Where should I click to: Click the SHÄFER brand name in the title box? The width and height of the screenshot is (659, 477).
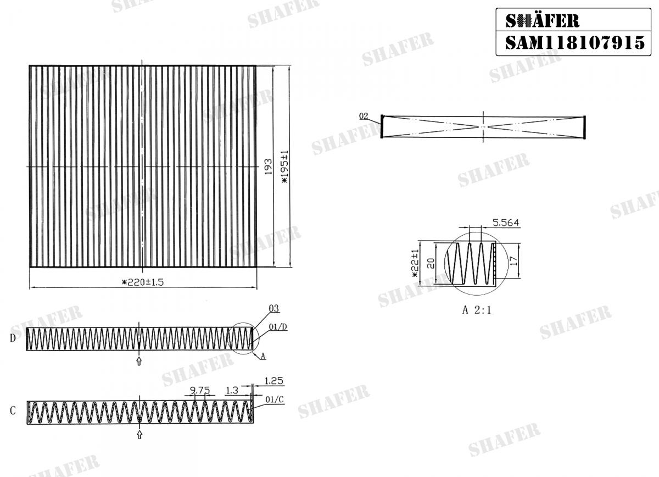click(x=543, y=21)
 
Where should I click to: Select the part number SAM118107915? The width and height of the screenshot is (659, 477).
click(x=575, y=43)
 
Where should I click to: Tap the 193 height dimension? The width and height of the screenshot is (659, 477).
click(x=268, y=167)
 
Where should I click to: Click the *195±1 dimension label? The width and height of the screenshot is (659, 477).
click(x=284, y=167)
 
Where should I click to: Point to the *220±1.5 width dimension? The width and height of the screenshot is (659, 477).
click(x=143, y=282)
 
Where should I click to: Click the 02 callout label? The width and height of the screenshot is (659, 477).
click(x=364, y=116)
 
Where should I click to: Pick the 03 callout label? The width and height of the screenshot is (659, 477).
click(x=273, y=308)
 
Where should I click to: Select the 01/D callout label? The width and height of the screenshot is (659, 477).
click(x=278, y=327)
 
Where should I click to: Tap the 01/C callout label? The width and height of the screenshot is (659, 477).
click(x=274, y=400)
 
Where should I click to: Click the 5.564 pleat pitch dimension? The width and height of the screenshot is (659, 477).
click(x=506, y=223)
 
